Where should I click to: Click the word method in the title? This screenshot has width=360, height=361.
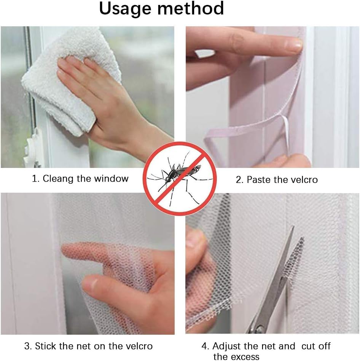191,8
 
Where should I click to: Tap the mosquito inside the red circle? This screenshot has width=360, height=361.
177,177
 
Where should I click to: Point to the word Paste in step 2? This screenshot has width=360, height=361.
258,180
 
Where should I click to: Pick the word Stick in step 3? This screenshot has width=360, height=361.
45,346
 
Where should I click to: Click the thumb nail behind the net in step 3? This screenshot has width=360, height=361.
90,285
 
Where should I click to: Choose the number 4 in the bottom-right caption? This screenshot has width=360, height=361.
204,346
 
